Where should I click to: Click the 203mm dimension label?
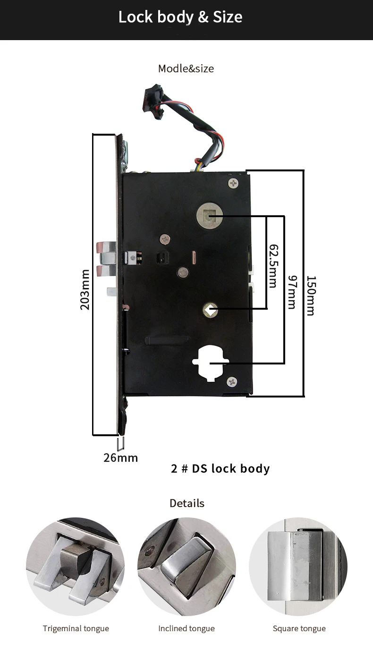pos(85,289)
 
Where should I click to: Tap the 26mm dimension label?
pos(120,457)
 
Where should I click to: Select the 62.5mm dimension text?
pos(273,265)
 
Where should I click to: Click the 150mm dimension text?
pos(310,296)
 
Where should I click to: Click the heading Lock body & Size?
pos(180,17)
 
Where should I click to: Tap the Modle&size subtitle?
pos(186,68)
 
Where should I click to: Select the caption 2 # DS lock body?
pos(220,469)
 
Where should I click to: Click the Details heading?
pos(187,503)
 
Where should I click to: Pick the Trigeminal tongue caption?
pos(76,628)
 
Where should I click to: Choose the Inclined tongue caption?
pos(186,628)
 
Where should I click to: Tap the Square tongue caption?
pos(299,628)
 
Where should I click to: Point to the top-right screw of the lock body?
pos(233,182)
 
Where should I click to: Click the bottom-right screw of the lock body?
pos(231,381)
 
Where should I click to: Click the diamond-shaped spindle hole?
pos(210,310)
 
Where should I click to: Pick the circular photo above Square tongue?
pos(298,566)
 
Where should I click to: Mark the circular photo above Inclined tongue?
pos(186,566)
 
